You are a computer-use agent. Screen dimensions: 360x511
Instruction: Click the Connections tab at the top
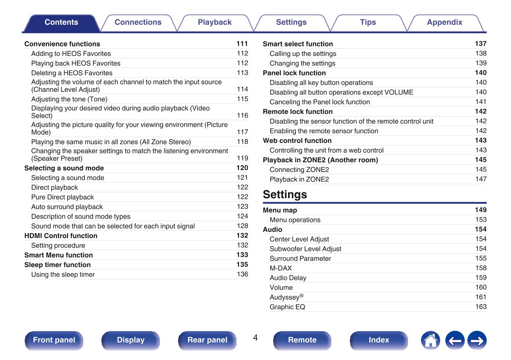point(138,23)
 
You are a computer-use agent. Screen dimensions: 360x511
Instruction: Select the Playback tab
point(215,23)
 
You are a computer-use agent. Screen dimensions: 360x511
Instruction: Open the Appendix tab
point(444,23)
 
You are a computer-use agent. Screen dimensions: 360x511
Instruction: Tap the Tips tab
point(368,23)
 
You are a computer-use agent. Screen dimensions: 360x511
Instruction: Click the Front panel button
point(54,340)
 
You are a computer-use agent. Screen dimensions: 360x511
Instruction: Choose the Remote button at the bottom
point(302,340)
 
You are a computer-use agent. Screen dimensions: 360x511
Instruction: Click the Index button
point(379,340)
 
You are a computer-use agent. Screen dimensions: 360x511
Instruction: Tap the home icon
point(430,341)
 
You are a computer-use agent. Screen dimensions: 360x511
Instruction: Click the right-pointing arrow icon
point(477,341)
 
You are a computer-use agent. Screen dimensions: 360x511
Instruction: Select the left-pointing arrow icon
point(455,341)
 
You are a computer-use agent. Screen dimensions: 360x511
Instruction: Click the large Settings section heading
point(285,194)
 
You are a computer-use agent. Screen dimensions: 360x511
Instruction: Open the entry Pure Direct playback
point(63,197)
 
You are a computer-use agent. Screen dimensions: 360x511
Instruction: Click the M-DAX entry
point(281,268)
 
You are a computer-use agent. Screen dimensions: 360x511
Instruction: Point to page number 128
point(242,226)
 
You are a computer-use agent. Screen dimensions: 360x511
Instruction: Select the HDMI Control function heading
point(61,236)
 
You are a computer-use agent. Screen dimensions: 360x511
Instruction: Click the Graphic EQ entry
point(287,307)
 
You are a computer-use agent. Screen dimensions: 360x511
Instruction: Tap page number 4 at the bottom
point(255,338)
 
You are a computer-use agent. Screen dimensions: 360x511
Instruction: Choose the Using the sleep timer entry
point(63,275)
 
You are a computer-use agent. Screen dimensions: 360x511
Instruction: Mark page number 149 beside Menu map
point(481,210)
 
